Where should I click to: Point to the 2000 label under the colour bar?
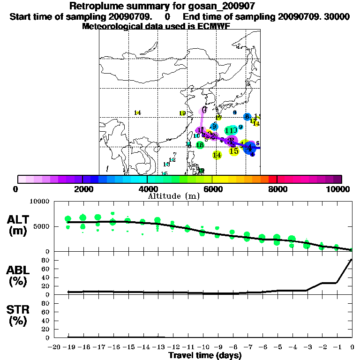tap(82, 189)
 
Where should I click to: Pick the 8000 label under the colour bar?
tap(277, 189)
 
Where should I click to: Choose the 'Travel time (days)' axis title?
tap(205, 355)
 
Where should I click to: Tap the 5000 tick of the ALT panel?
tap(42, 226)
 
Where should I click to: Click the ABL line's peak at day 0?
tap(352, 259)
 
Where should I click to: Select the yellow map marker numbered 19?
tap(183, 113)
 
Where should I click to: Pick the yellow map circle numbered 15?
tap(234, 151)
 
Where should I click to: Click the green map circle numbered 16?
tap(200, 145)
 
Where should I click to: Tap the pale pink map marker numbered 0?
tap(204, 110)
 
